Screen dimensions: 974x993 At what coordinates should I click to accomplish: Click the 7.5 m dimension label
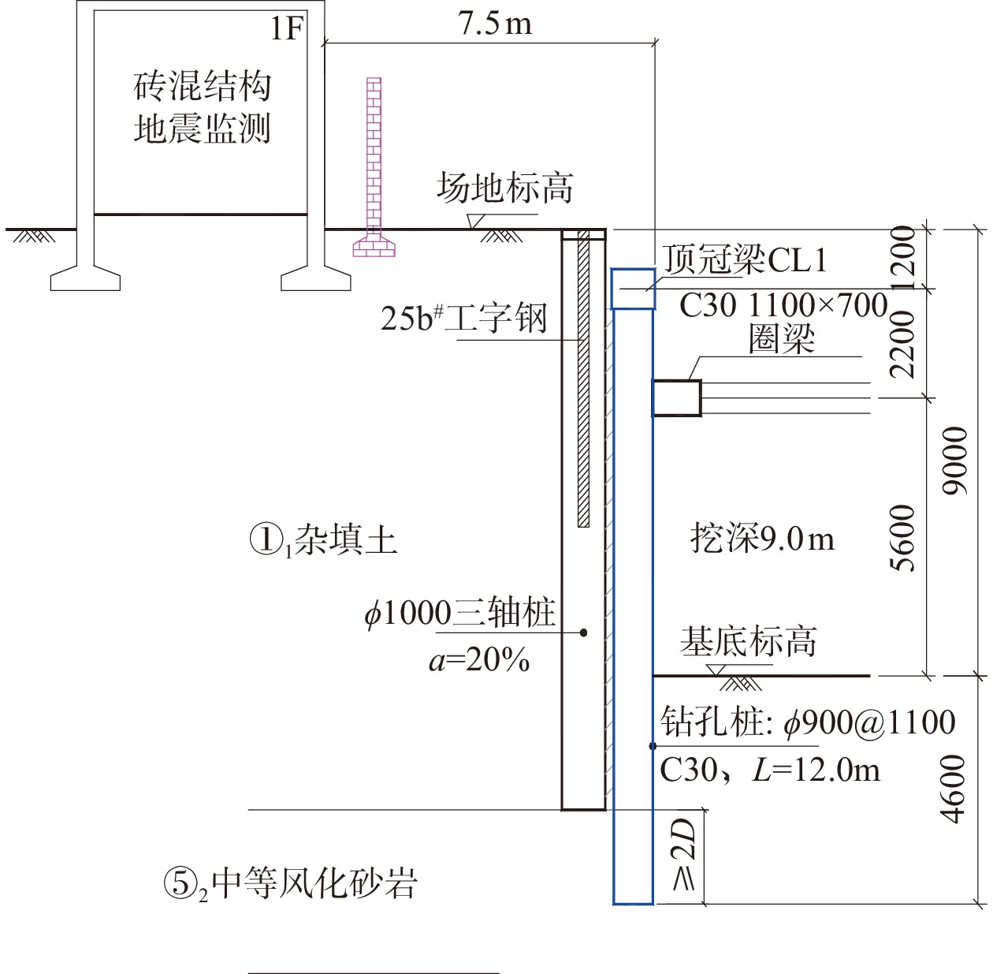coord(494,23)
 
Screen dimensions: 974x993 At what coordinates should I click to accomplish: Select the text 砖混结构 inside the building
coord(202,85)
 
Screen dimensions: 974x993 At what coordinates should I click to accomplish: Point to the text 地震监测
coord(202,128)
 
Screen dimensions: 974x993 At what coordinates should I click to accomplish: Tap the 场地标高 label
coord(504,188)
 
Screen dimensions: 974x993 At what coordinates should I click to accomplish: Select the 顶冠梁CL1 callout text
coord(745,259)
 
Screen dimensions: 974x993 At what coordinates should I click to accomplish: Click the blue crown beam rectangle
coord(634,289)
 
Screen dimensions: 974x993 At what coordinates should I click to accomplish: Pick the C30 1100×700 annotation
coord(783,305)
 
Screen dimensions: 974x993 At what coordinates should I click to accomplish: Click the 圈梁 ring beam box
coord(676,397)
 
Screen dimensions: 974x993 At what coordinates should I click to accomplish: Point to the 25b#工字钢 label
coord(463,318)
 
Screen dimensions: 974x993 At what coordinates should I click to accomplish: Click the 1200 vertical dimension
coord(903,259)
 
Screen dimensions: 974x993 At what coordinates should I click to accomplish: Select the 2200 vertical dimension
coord(903,344)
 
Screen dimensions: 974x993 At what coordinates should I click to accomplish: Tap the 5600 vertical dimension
coord(903,537)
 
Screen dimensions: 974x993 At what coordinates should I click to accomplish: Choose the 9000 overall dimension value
coord(955,461)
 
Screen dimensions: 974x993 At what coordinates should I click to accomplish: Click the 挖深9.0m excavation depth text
coord(762,539)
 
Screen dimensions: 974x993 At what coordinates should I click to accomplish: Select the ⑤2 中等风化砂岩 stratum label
coord(289,883)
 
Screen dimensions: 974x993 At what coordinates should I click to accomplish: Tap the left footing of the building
coord(85,278)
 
